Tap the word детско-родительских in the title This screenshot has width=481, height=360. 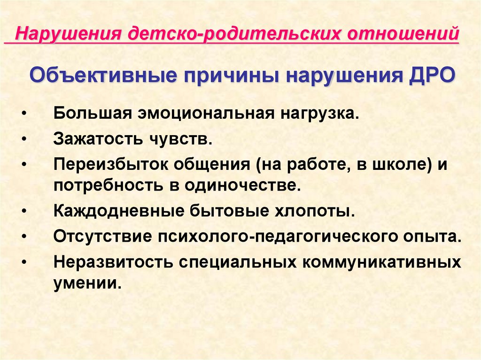234,34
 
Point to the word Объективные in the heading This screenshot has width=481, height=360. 103,76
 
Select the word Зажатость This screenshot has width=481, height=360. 98,139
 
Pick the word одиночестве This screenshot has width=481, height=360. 241,185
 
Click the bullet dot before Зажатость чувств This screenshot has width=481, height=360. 24,139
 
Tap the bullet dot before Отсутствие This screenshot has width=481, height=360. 24,237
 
